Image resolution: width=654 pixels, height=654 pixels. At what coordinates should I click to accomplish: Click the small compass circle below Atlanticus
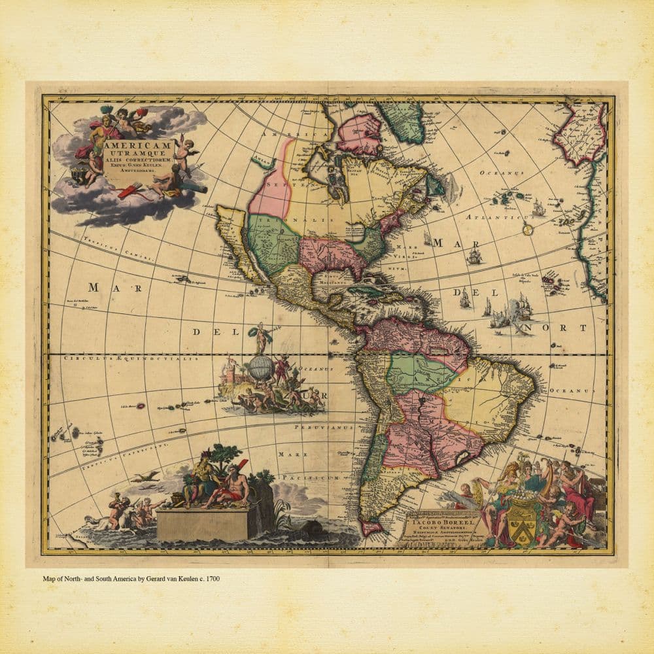pos(528,230)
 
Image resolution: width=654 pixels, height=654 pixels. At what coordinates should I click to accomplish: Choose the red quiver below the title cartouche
pos(131,192)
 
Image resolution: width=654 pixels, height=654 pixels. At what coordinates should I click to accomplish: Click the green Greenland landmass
pos(405,122)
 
